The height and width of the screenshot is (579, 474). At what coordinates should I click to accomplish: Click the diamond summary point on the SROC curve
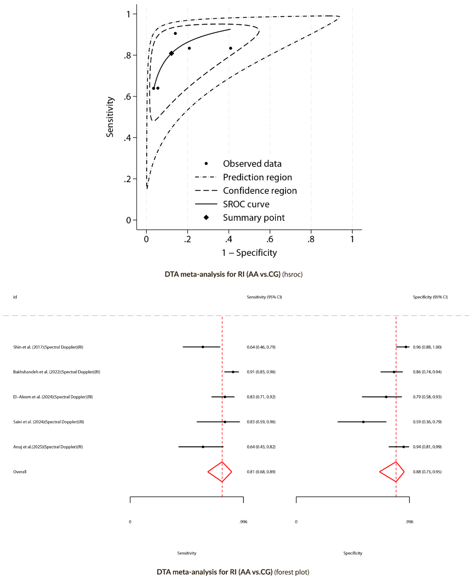(x=171, y=53)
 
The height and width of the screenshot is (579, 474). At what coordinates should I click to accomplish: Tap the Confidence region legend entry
(x=260, y=191)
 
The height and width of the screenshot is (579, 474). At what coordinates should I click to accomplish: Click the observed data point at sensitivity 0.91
(x=175, y=33)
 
